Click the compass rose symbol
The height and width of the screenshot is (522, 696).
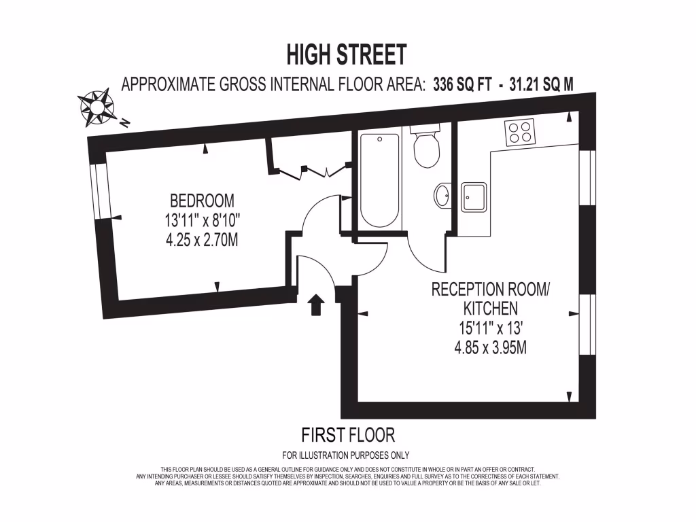point(96,107)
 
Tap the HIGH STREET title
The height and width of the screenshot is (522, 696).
point(347,54)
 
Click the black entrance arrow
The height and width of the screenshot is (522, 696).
point(315,305)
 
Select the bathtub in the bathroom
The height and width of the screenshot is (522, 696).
point(379,179)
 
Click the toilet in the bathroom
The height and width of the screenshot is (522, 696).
point(426,147)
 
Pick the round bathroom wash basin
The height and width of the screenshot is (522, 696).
point(442,196)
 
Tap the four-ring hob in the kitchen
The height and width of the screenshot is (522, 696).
point(520,131)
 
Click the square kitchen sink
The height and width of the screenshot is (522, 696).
point(473,197)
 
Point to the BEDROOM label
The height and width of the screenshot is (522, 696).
point(202,201)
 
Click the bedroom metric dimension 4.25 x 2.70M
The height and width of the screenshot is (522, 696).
point(202,240)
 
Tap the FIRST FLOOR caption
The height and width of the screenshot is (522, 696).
point(347,434)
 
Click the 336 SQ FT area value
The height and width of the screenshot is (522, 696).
point(462,84)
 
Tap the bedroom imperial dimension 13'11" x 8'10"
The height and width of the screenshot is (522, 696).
point(202,220)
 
